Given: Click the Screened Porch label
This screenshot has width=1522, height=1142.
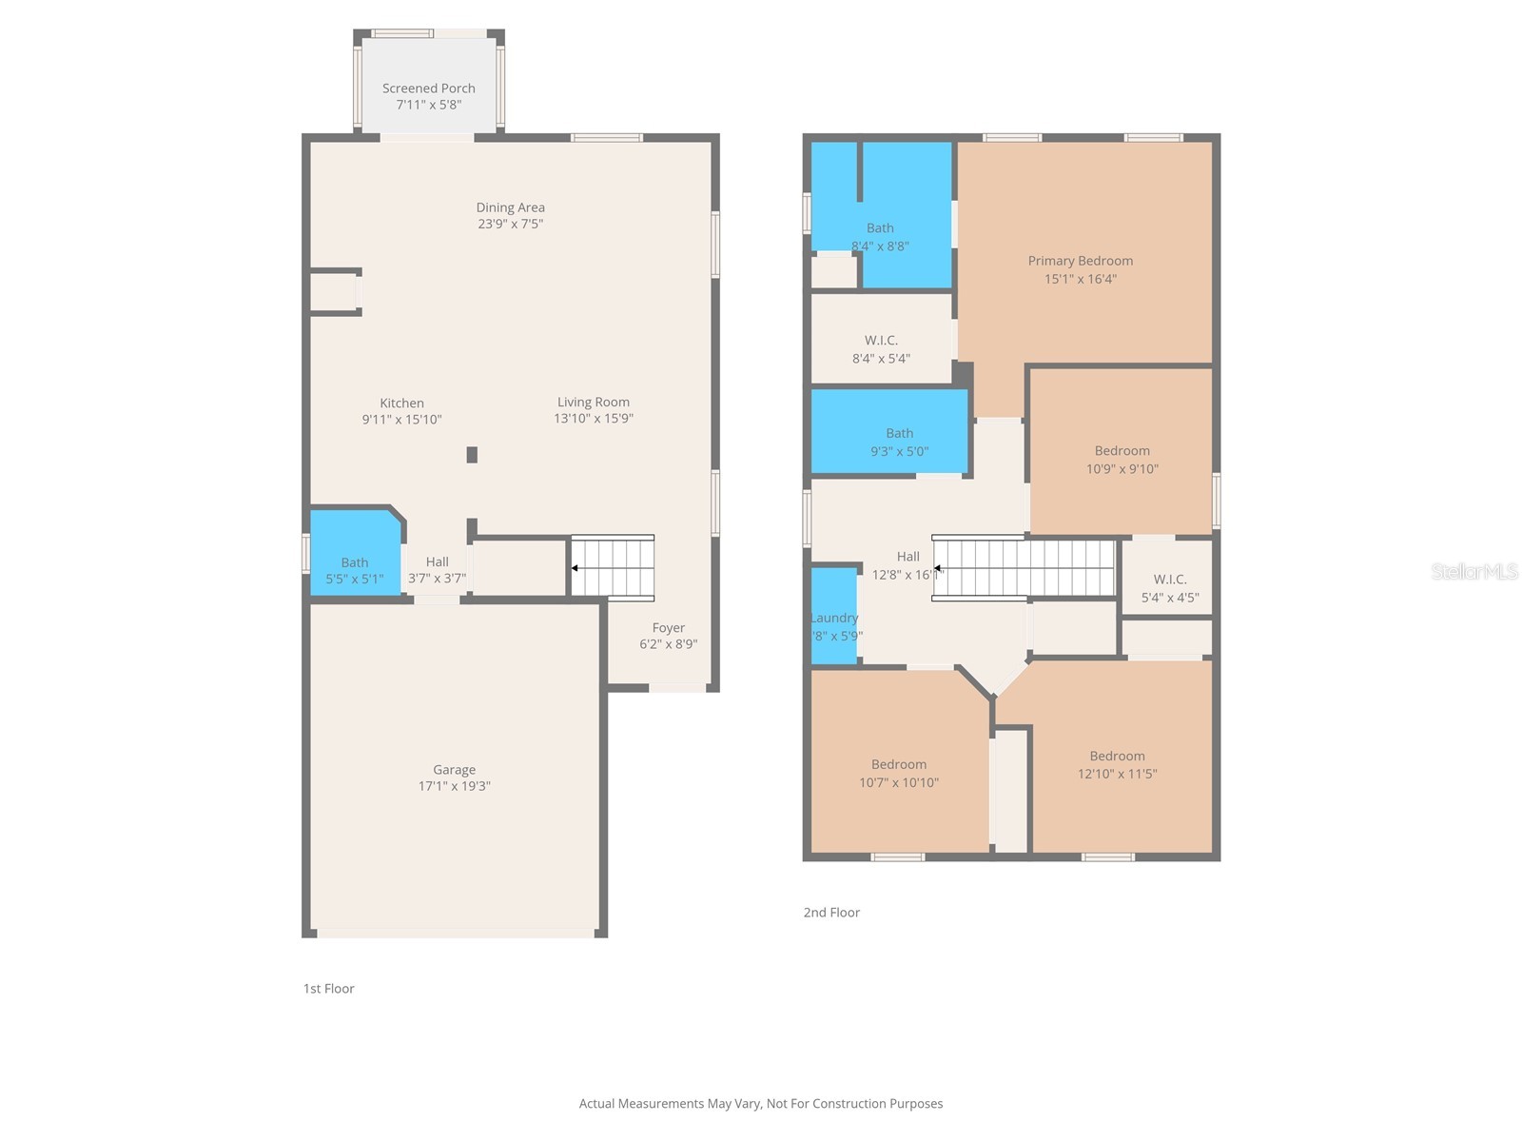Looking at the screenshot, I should click(x=428, y=89).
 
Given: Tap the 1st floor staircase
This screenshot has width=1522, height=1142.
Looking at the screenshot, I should click(x=613, y=568).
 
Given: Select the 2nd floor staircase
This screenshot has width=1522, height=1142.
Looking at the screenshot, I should click(x=1024, y=568).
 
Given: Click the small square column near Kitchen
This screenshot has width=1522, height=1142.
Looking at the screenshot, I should click(x=472, y=455).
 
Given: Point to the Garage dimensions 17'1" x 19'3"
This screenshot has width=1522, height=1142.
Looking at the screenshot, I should click(x=454, y=786).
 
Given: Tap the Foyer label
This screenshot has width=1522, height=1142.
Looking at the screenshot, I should click(x=668, y=628).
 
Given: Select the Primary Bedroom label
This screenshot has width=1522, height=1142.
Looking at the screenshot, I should click(x=1080, y=261).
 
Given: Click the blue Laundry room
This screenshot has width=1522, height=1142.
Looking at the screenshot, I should click(x=833, y=616).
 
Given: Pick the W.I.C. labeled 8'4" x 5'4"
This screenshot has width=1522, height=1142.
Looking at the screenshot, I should click(x=881, y=348).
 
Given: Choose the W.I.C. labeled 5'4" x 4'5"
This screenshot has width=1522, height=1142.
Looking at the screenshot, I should click(x=1169, y=588).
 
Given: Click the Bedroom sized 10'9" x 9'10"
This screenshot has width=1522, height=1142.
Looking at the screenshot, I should click(x=1122, y=459).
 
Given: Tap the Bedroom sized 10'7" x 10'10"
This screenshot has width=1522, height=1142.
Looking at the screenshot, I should click(x=898, y=773).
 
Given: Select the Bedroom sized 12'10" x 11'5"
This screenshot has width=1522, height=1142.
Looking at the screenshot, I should click(x=1117, y=764).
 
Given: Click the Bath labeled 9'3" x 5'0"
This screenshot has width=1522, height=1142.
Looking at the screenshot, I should click(x=899, y=442).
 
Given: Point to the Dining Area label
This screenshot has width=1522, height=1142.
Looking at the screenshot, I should click(x=510, y=207).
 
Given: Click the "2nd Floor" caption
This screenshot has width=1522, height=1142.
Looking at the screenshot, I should click(x=831, y=913).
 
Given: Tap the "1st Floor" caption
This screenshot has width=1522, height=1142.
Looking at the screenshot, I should click(x=328, y=989).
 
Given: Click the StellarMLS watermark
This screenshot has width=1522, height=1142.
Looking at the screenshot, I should click(x=1473, y=572).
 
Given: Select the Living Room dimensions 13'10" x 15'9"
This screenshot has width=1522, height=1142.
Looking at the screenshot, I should click(x=593, y=419).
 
